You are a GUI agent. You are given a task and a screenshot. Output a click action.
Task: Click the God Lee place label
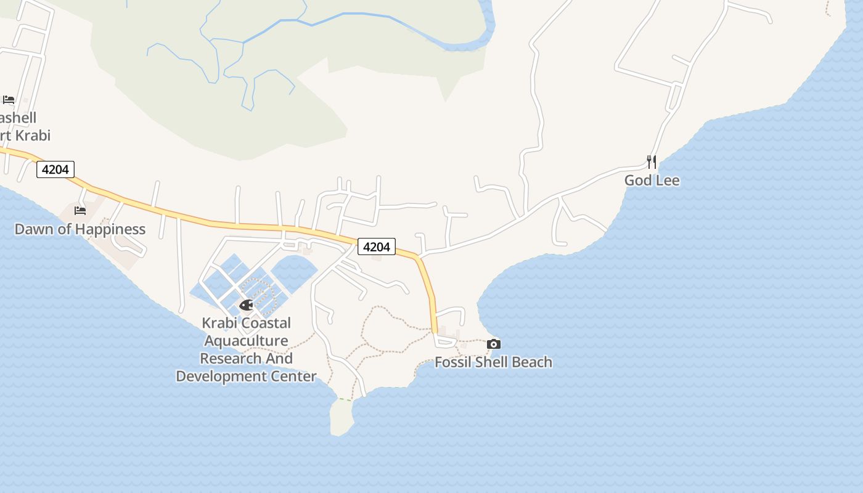click(652, 181)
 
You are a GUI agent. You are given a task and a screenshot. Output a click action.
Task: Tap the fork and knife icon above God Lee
click(651, 161)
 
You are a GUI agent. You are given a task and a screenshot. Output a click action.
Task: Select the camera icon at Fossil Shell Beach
click(493, 344)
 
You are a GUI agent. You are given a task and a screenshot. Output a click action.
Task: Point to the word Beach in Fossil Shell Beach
click(531, 362)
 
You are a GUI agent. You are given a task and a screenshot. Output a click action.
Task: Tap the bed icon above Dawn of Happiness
click(80, 210)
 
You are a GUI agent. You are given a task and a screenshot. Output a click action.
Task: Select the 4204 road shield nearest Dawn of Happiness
click(55, 169)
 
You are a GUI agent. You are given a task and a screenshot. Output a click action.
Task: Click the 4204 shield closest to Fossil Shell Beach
click(377, 246)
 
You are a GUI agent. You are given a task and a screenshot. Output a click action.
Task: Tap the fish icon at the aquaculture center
click(246, 304)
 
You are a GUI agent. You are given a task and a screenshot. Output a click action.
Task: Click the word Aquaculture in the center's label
click(246, 341)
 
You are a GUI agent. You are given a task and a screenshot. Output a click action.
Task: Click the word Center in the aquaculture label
click(292, 377)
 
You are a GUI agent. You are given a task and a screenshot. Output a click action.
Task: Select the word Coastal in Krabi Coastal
click(267, 323)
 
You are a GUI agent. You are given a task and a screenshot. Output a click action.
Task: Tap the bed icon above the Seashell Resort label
click(8, 99)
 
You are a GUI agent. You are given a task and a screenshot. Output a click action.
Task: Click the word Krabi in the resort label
click(30, 136)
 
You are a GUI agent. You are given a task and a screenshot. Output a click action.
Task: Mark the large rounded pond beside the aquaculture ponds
click(294, 271)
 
